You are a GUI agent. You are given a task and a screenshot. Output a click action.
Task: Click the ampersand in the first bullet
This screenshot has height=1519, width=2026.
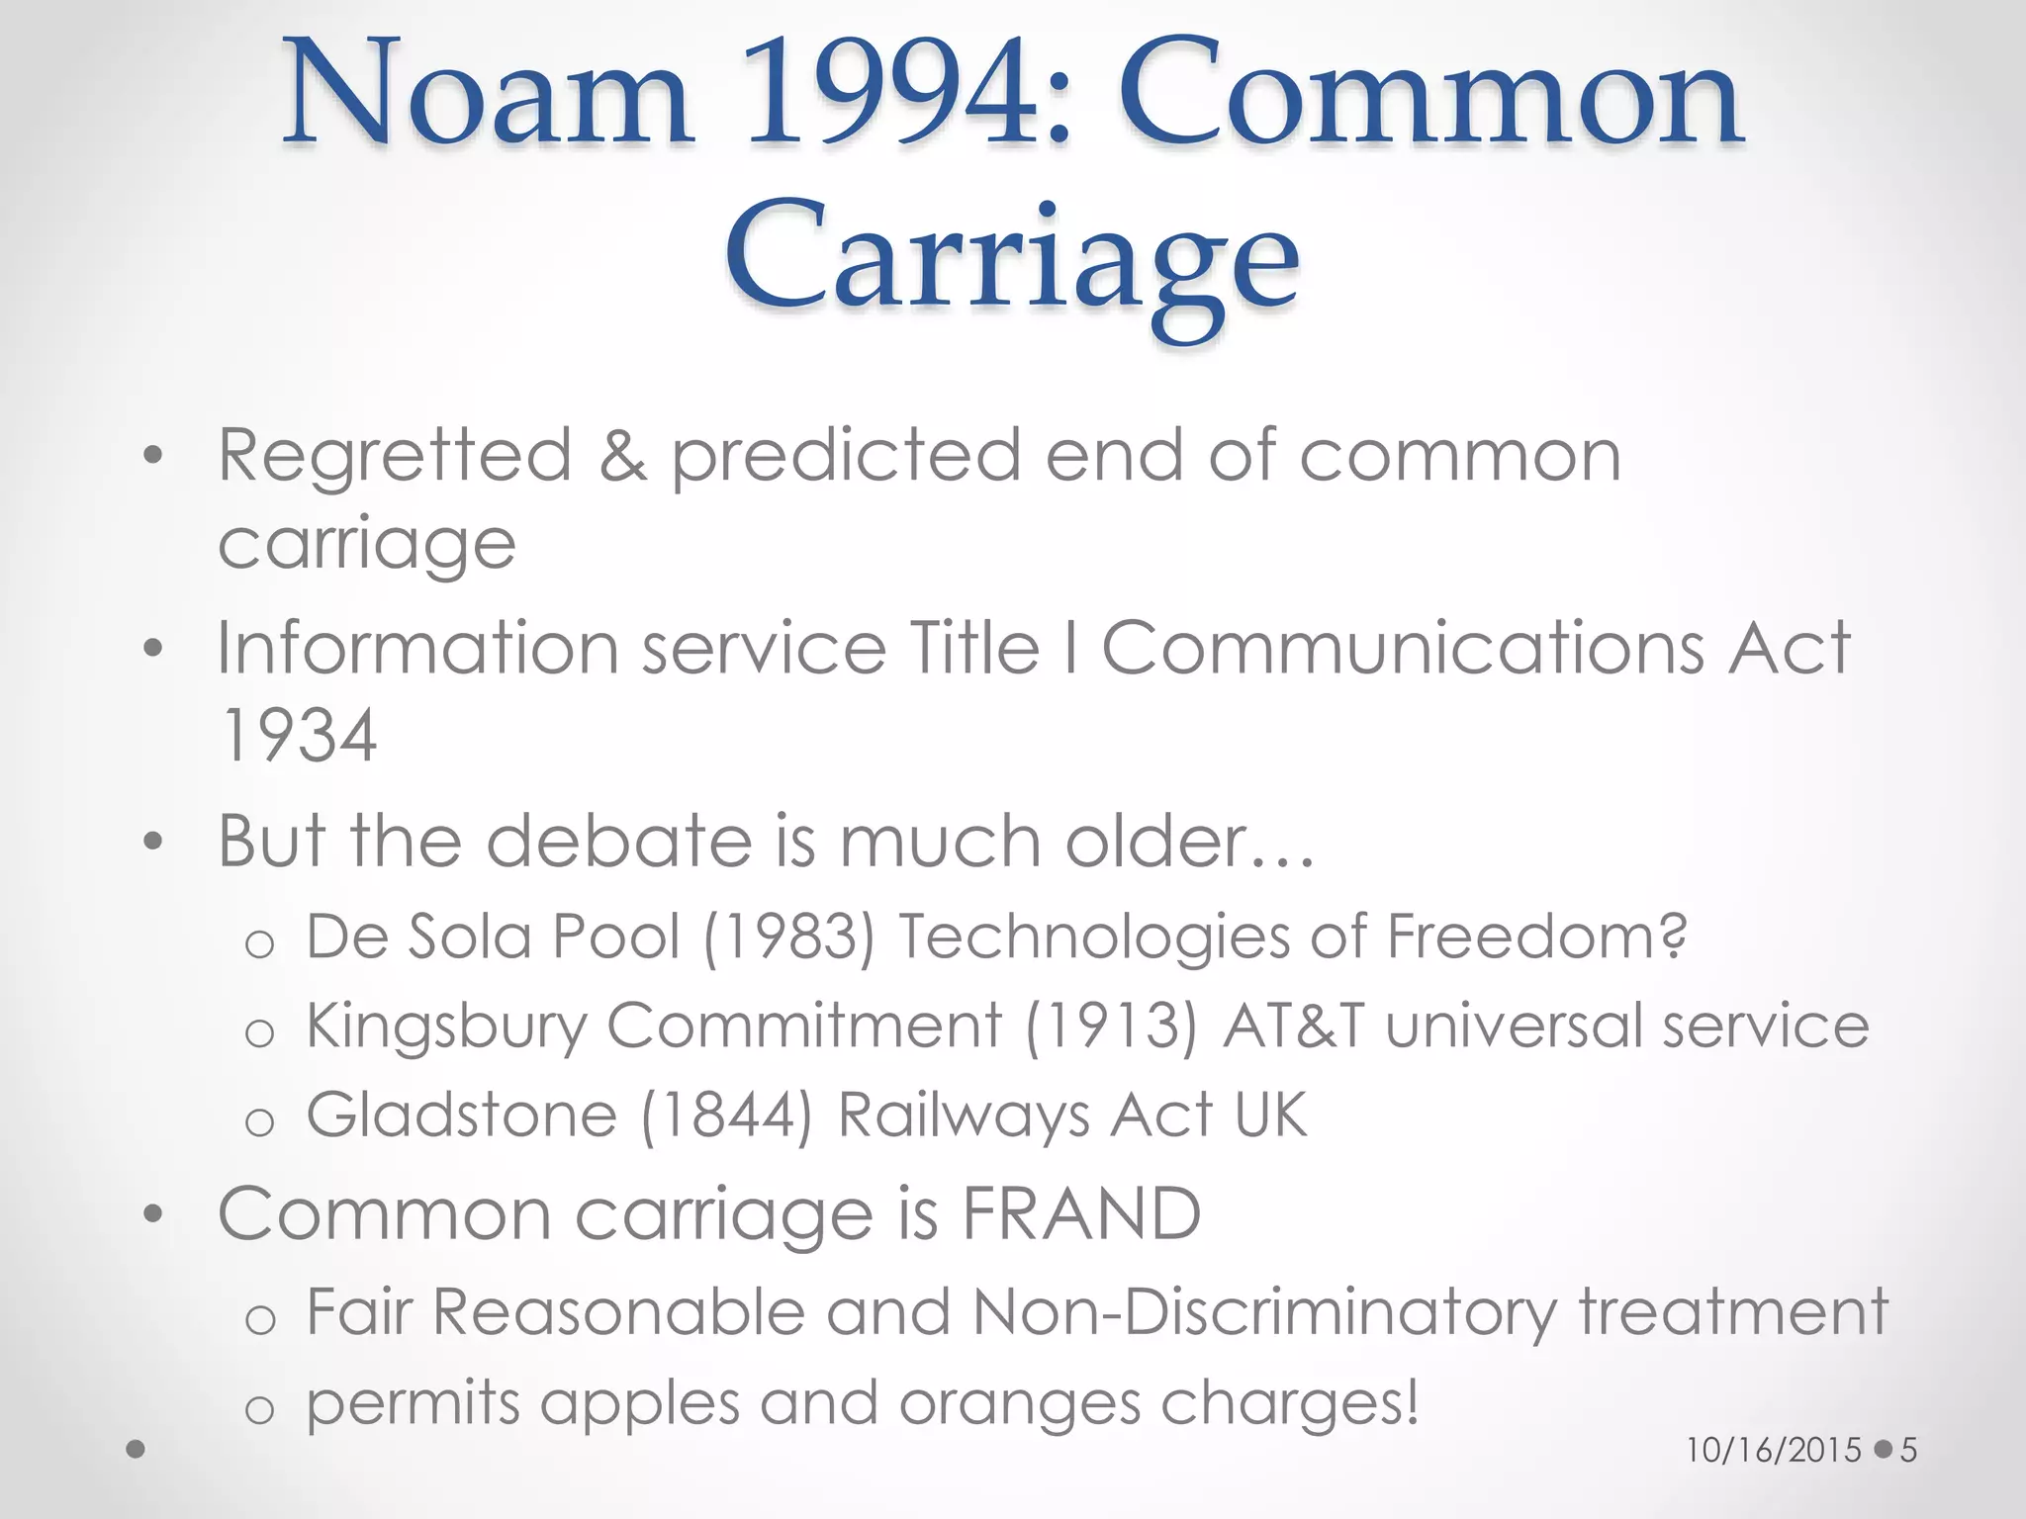(622, 455)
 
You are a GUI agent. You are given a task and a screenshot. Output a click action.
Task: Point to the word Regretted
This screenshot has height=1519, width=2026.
(395, 455)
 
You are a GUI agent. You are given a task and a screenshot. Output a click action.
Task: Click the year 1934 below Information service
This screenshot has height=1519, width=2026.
(298, 735)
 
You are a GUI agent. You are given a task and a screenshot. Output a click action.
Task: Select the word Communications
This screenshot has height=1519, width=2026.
(1402, 649)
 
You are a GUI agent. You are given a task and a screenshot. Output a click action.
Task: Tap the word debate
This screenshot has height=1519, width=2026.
(617, 841)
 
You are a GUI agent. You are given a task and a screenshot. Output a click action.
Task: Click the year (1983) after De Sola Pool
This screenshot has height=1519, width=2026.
(788, 936)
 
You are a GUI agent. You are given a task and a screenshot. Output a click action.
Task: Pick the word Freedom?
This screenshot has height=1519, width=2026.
(1537, 936)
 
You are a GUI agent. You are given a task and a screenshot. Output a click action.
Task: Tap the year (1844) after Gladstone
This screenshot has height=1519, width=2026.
(727, 1116)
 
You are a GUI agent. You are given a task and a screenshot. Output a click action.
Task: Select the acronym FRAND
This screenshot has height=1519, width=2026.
(1081, 1213)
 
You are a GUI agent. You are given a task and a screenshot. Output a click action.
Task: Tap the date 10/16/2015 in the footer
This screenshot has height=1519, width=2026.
(1774, 1450)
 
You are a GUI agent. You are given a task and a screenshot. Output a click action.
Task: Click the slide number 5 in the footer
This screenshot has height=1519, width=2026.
(1908, 1450)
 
